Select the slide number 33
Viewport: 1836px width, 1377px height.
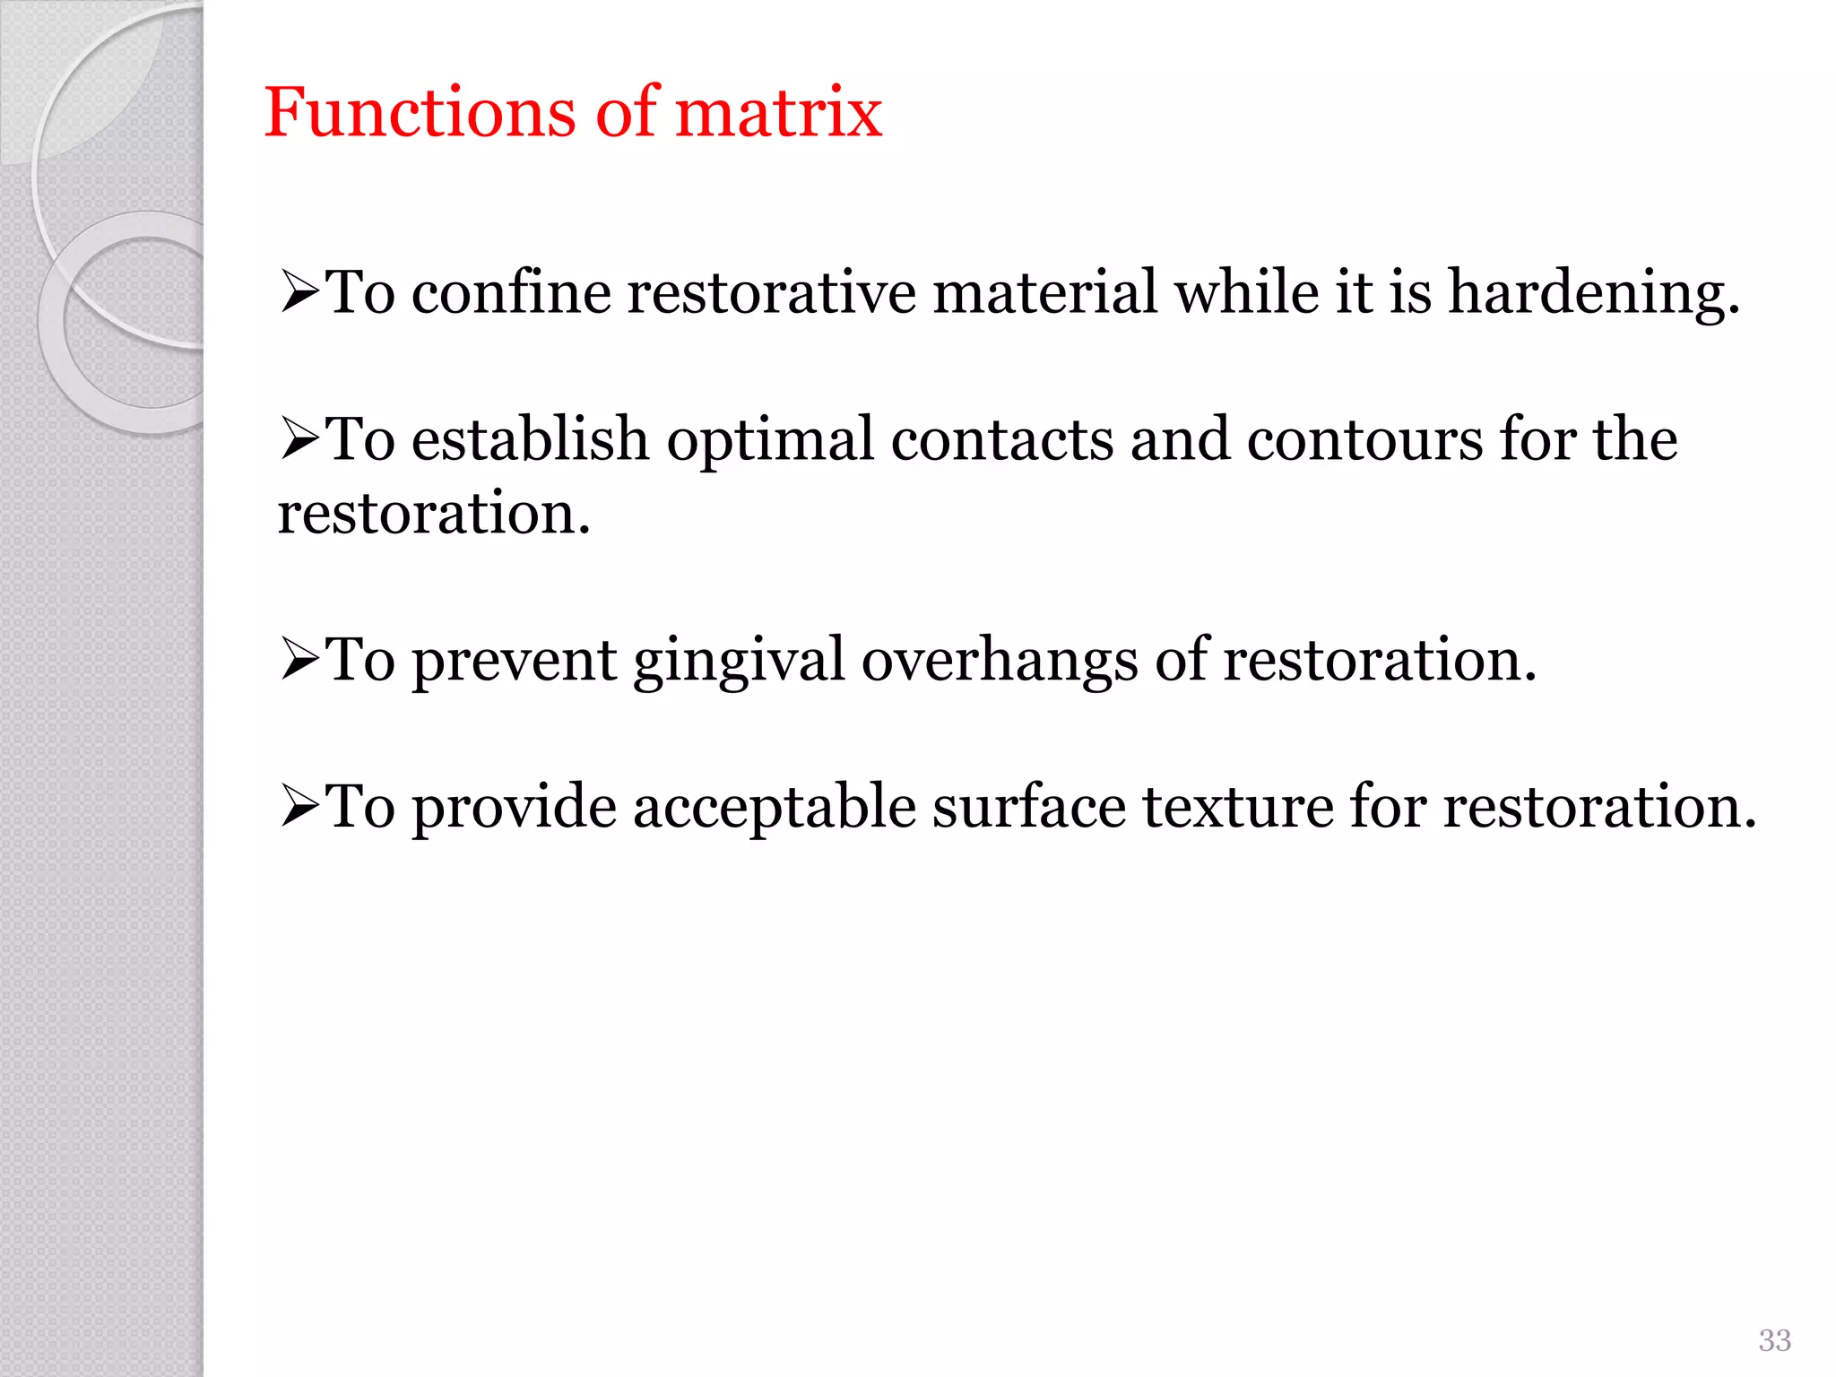1774,1340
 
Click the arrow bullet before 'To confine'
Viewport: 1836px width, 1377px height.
299,292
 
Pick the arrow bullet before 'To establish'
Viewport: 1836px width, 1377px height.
299,439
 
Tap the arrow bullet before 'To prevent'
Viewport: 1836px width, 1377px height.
299,660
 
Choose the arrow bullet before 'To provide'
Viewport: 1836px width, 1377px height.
299,806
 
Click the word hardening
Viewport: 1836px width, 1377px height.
1594,294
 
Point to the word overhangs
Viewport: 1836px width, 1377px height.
1000,662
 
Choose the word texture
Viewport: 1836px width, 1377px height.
1238,806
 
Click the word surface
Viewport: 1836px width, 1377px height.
1028,806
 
